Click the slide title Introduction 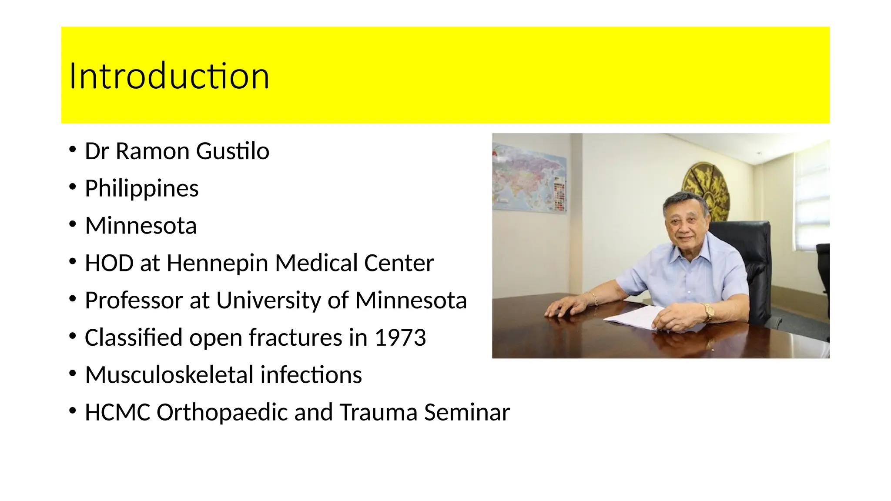169,77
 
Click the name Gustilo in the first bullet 232,152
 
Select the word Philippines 141,189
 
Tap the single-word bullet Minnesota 141,226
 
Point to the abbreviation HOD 109,263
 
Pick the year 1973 400,338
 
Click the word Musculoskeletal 169,375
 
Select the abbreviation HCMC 117,412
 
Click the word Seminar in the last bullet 466,412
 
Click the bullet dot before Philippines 72,188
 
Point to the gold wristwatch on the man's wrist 709,311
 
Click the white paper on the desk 635,319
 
